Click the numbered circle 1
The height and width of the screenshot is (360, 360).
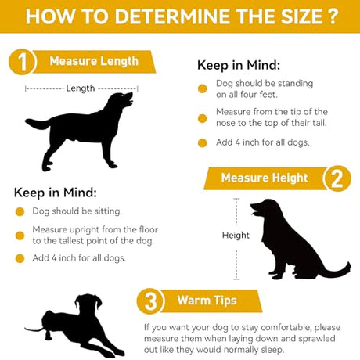click(x=22, y=62)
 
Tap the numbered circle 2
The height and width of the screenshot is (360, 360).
click(x=337, y=178)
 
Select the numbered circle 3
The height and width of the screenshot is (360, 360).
click(x=150, y=301)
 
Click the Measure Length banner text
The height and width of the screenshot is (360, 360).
click(x=94, y=62)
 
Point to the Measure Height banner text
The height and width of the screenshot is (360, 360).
click(x=265, y=178)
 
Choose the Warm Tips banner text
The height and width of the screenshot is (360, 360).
click(x=207, y=301)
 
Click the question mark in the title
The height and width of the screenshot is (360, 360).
click(x=332, y=16)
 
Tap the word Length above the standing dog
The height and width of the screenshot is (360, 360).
click(x=81, y=88)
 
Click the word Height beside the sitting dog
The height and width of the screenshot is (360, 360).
click(x=236, y=235)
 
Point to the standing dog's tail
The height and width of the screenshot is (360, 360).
click(x=38, y=123)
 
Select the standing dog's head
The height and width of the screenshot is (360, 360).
click(x=121, y=100)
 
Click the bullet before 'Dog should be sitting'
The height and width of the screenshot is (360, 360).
click(x=20, y=211)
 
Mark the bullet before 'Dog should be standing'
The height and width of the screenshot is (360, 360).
click(x=202, y=88)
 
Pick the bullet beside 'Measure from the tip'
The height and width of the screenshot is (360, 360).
click(x=202, y=118)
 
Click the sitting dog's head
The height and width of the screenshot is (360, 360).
click(x=265, y=209)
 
